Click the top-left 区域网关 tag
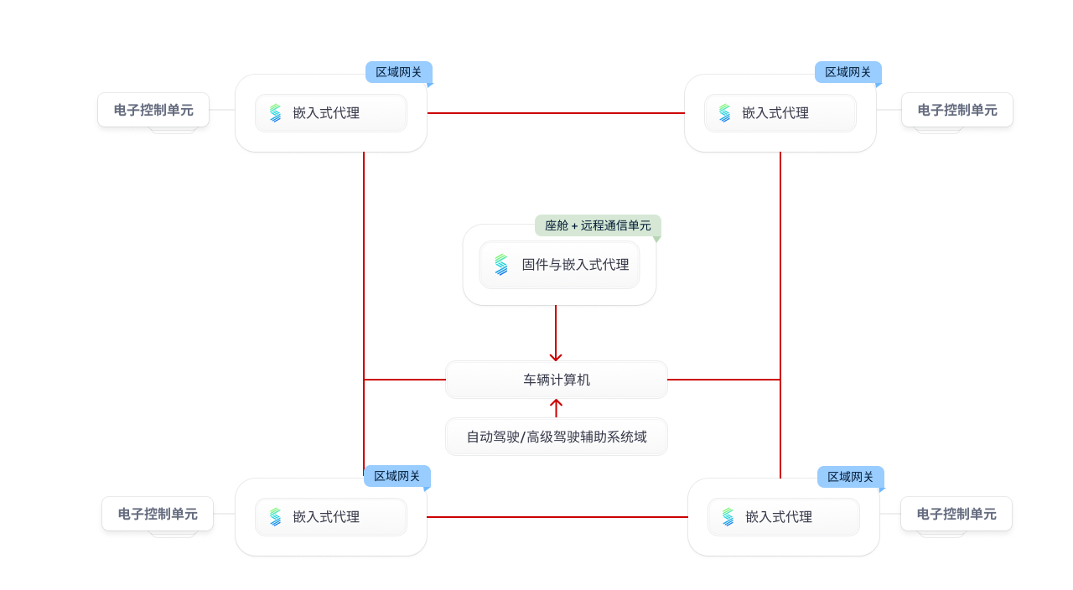point(399,72)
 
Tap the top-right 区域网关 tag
point(848,72)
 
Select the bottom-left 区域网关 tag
point(397,476)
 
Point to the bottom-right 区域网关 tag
point(850,477)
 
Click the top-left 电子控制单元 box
point(153,110)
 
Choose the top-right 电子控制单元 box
point(957,110)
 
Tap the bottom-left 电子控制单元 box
point(158,514)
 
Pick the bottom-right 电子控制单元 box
point(956,514)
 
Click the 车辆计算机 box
point(557,380)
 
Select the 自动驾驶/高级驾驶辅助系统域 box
point(557,437)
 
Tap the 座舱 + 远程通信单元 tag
point(598,225)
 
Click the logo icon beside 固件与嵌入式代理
point(501,265)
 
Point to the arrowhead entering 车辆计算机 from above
point(556,357)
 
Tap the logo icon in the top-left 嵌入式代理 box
point(275,113)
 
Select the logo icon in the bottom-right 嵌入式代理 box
point(728,517)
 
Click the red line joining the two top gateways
point(556,113)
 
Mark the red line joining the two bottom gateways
point(556,517)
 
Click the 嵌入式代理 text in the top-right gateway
point(775,113)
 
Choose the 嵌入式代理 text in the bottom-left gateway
point(326,517)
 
